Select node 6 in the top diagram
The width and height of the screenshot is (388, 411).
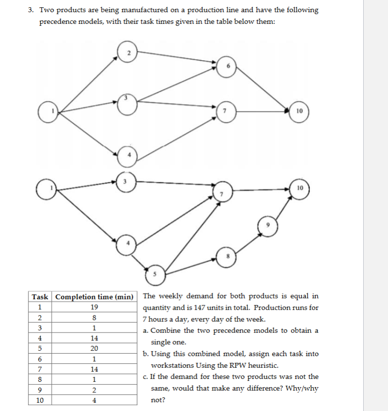[226, 66]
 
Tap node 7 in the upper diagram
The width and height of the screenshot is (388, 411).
[225, 112]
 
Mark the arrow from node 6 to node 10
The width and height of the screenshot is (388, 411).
[263, 89]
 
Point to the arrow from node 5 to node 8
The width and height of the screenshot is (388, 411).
[192, 265]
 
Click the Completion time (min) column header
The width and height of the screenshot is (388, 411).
[95, 297]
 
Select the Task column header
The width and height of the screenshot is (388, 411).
[40, 297]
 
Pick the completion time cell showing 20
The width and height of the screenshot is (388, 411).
[95, 349]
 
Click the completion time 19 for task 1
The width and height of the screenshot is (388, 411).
[95, 307]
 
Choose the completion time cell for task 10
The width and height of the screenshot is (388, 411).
[95, 401]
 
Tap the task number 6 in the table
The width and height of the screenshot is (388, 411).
[40, 359]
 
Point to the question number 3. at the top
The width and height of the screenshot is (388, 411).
[30, 10]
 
